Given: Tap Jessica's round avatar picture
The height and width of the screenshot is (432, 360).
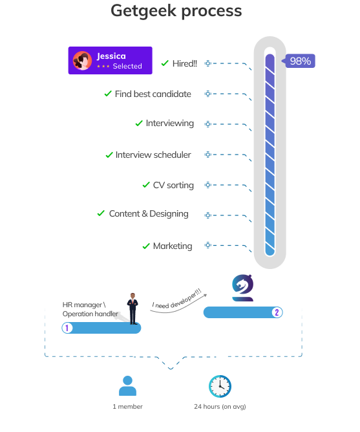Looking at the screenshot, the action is [x=82, y=61].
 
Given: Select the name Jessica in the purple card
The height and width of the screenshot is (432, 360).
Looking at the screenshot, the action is [x=111, y=56].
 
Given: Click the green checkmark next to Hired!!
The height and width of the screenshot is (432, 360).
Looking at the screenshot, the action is [x=165, y=63].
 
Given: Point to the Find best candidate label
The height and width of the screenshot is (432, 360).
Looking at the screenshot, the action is [x=153, y=94].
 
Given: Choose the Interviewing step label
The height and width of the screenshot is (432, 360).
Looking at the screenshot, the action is [x=170, y=123].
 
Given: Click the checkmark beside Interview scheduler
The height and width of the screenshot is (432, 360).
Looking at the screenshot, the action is [x=109, y=155].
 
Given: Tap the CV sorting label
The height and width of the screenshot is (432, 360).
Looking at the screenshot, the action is [x=173, y=185].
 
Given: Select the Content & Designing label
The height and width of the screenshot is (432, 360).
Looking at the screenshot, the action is [x=149, y=214].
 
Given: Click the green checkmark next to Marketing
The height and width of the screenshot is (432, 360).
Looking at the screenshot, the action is [x=146, y=246].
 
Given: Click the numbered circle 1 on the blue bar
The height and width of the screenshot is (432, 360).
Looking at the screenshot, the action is [x=67, y=328].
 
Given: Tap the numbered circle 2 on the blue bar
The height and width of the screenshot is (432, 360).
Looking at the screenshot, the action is [x=277, y=312].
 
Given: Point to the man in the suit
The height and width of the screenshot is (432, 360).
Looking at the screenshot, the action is [x=132, y=308].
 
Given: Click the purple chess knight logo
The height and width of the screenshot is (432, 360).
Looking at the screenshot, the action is [x=242, y=288].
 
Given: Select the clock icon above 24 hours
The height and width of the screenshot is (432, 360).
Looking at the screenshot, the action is [x=220, y=386].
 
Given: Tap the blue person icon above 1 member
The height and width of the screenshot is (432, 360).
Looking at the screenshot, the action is [x=127, y=385].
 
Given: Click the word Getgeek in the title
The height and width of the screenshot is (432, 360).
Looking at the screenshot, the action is [x=143, y=11].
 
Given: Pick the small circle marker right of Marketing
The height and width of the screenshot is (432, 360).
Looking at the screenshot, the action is [x=208, y=245].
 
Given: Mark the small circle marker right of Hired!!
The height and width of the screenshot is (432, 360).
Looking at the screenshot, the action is [x=208, y=63].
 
